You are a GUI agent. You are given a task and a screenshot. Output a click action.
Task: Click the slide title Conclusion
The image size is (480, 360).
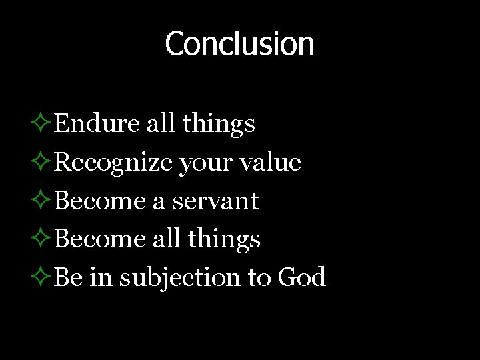239,44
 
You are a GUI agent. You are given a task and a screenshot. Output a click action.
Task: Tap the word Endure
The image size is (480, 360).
97,123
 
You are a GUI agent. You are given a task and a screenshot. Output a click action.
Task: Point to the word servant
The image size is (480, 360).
215,201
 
